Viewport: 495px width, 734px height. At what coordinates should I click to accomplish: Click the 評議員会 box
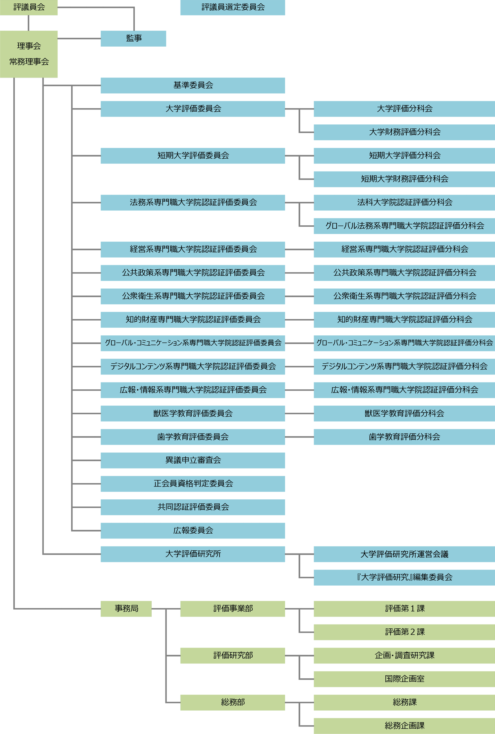click(x=29, y=7)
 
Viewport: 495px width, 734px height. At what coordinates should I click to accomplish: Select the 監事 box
click(x=133, y=38)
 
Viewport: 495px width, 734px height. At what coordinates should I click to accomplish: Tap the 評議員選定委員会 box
click(x=233, y=7)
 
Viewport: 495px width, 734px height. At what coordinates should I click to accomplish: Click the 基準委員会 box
click(x=193, y=86)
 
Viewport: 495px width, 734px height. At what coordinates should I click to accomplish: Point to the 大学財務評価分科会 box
click(x=405, y=132)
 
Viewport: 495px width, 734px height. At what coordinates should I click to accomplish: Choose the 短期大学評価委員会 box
click(x=193, y=156)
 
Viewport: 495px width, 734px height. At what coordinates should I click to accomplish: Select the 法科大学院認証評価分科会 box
click(x=405, y=202)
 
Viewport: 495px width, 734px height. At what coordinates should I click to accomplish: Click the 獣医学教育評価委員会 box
click(x=193, y=413)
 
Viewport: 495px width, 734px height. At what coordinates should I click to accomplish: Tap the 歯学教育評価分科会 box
click(x=405, y=437)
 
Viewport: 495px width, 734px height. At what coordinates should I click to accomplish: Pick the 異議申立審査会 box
click(x=193, y=460)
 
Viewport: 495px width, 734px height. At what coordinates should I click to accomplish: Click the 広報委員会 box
click(x=193, y=531)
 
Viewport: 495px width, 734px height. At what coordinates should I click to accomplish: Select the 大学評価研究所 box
click(x=193, y=554)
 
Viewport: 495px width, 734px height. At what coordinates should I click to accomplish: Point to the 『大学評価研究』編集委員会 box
click(x=405, y=578)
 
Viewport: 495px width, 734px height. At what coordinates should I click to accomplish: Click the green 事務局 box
click(x=126, y=609)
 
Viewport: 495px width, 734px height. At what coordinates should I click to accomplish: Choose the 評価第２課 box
click(x=405, y=632)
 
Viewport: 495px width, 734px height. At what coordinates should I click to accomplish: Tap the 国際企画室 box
click(x=405, y=679)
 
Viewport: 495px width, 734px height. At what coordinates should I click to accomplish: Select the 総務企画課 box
click(x=405, y=726)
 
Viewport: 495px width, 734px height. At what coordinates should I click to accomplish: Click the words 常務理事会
click(x=29, y=62)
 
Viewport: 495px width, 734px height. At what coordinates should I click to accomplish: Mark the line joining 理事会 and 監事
click(x=79, y=38)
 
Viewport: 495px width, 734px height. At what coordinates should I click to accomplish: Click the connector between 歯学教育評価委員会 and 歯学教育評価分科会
click(x=299, y=437)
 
